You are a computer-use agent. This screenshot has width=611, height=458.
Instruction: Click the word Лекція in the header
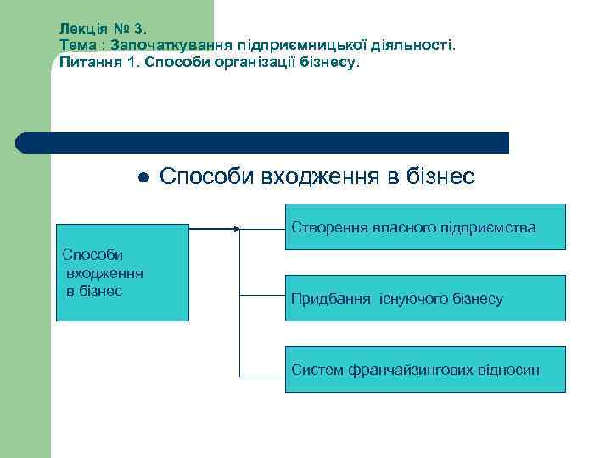81,28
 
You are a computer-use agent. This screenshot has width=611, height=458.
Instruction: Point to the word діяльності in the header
416,45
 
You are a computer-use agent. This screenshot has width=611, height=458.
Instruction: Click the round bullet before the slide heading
144,177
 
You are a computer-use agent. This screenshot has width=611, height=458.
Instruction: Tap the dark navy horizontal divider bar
263,142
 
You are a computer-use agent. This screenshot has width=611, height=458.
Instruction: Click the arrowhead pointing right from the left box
237,228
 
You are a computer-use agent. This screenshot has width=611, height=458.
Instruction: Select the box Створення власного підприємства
425,226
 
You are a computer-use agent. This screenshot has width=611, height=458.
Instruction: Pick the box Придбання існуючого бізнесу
425,298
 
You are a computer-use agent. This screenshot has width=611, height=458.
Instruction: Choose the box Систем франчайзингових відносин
425,369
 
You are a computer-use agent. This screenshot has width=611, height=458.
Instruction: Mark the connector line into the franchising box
262,376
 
